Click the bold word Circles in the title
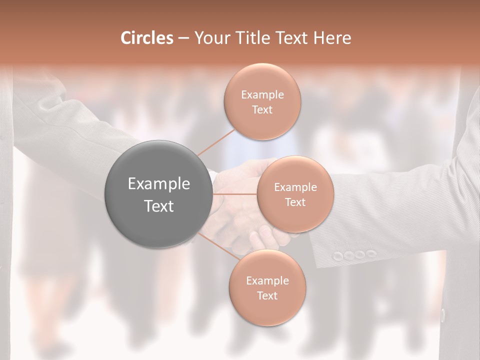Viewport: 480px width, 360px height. [x=147, y=38]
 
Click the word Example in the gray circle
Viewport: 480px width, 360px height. [x=159, y=184]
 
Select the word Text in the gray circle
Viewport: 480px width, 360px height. [x=159, y=206]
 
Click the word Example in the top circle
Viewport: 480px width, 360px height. [x=262, y=94]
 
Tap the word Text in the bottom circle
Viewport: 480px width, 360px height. [x=267, y=295]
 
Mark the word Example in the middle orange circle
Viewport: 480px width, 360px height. [x=295, y=187]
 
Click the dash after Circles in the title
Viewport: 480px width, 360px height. [x=183, y=38]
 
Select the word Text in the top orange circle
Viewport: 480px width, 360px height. [x=262, y=109]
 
